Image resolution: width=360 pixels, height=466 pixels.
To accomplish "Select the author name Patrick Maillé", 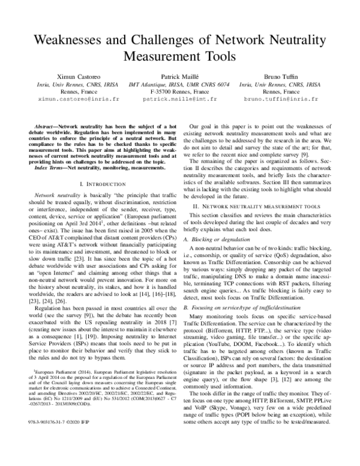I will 181,77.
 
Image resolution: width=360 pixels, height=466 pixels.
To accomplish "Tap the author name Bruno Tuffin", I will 285,77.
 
